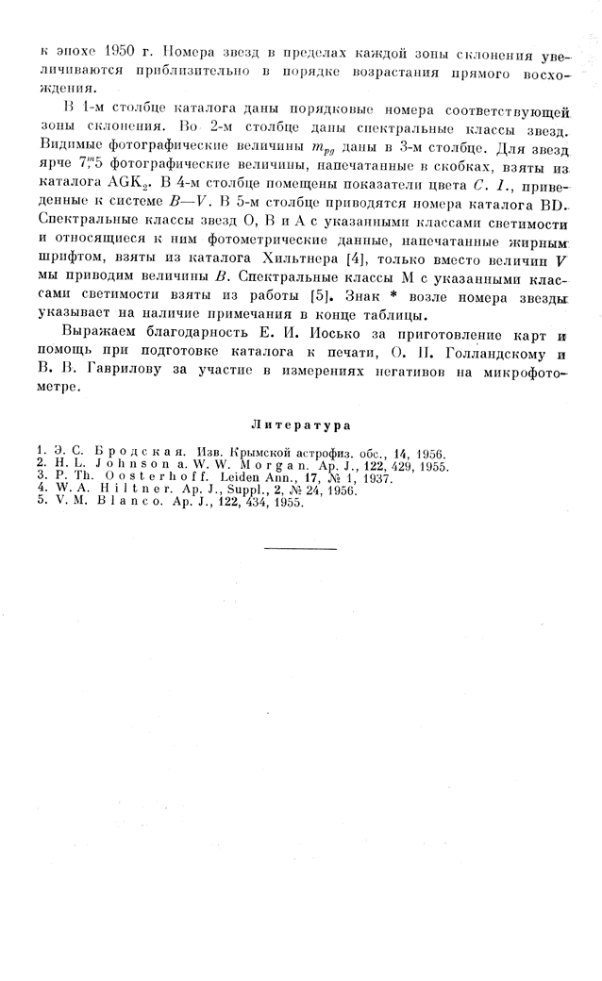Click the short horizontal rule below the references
pos(300,548)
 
